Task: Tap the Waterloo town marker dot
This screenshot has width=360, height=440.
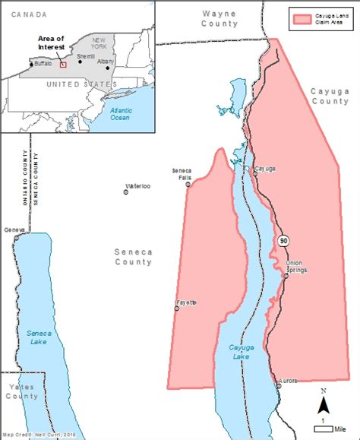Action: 126,192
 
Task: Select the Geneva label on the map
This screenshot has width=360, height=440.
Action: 14,229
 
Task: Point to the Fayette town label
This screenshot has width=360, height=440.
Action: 187,302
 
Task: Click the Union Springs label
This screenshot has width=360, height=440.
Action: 294,267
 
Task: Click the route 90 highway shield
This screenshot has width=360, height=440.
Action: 283,241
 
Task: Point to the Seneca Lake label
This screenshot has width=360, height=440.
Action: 38,338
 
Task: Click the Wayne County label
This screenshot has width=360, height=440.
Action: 219,18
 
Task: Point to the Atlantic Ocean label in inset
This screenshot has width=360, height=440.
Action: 120,114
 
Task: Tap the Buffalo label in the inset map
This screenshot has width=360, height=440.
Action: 43,64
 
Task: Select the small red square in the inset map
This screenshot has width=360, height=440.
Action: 64,64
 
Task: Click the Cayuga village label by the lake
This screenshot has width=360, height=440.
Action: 264,169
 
